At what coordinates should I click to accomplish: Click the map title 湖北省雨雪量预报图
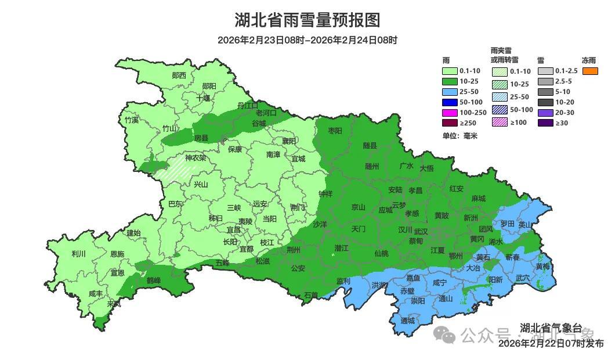pyautogui.click(x=307, y=20)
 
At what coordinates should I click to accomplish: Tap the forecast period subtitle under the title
pyautogui.click(x=307, y=40)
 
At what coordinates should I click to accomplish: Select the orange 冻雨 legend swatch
pyautogui.click(x=590, y=71)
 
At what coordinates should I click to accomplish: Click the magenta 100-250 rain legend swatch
pyautogui.click(x=450, y=112)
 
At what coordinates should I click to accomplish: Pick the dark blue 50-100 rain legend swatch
pyautogui.click(x=450, y=102)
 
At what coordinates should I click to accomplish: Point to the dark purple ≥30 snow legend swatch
pyautogui.click(x=545, y=123)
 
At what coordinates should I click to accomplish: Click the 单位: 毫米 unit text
pyautogui.click(x=460, y=135)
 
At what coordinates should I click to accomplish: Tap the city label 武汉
pyautogui.click(x=420, y=231)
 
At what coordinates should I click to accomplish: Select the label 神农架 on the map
pyautogui.click(x=196, y=157)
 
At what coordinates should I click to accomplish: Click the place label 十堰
pyautogui.click(x=203, y=98)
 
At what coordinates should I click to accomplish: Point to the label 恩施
pyautogui.click(x=117, y=254)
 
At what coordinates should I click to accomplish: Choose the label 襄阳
pyautogui.click(x=288, y=141)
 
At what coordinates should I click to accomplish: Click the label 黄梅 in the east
pyautogui.click(x=543, y=267)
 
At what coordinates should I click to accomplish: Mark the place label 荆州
pyautogui.click(x=294, y=250)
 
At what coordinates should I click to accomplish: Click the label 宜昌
pyautogui.click(x=233, y=230)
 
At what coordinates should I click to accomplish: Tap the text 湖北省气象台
pyautogui.click(x=551, y=328)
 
